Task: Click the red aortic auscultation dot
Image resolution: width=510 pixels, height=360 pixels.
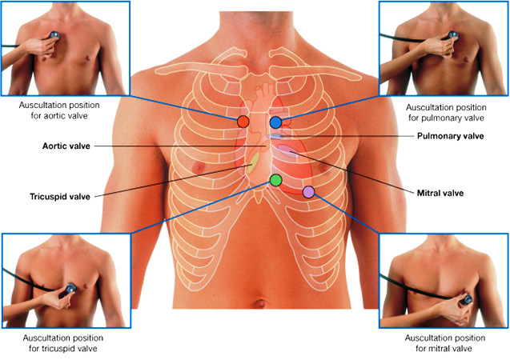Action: pyautogui.click(x=243, y=122)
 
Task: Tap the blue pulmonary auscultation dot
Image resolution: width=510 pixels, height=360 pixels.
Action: pyautogui.click(x=275, y=122)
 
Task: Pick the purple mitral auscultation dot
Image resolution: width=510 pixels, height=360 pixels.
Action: pyautogui.click(x=308, y=191)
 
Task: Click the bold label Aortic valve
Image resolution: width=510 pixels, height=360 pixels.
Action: pyautogui.click(x=66, y=147)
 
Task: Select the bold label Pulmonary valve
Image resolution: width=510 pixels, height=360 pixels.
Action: pyautogui.click(x=450, y=136)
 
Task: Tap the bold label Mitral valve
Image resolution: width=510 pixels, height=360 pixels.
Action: pyautogui.click(x=440, y=193)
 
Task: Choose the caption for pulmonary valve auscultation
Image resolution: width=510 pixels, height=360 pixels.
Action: pyautogui.click(x=445, y=111)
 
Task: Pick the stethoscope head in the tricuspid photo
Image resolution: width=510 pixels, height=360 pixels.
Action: pyautogui.click(x=71, y=288)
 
